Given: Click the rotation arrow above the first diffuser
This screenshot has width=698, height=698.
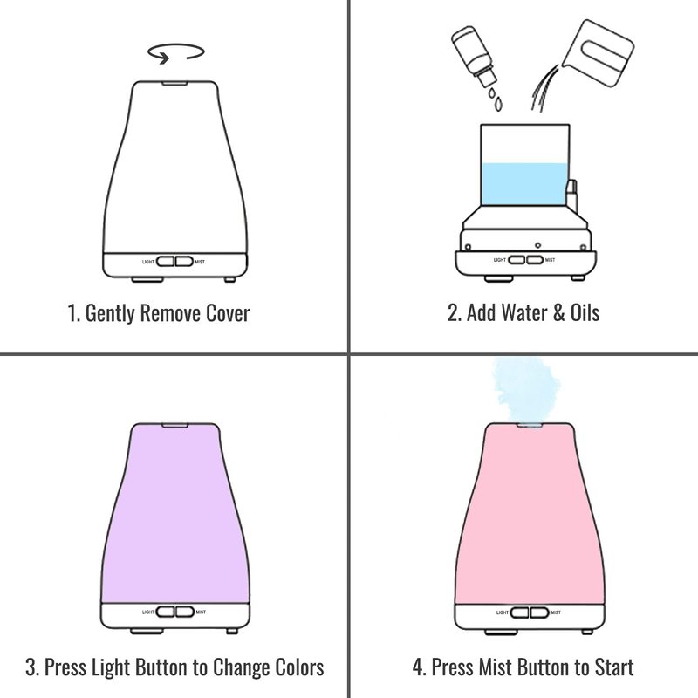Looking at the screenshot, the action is (176, 45).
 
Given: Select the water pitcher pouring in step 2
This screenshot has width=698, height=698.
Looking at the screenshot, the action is (598, 52).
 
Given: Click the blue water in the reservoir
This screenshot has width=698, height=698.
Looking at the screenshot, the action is (524, 184).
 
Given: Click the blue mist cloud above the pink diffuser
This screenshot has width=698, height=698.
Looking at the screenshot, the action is (525, 387).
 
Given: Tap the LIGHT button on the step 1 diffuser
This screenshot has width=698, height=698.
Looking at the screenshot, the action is (166, 261).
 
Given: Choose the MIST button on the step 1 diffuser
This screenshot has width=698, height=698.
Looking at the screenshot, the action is (184, 261).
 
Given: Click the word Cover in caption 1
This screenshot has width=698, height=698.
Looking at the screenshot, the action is (228, 313).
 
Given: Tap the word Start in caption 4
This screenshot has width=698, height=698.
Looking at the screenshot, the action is (614, 667).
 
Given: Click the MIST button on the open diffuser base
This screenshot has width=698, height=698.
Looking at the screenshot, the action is (535, 259).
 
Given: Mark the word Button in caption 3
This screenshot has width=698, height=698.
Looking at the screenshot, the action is (161, 667).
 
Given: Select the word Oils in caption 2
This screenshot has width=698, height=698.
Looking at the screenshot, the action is (585, 312).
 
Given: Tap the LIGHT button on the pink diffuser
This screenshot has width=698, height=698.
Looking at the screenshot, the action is (519, 612).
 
